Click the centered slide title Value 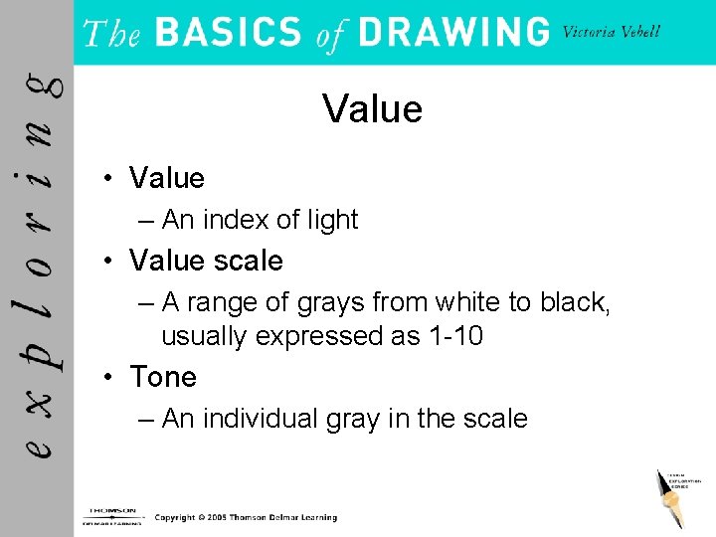(x=373, y=109)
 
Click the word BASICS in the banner (x=229, y=32)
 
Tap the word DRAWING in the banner (x=453, y=32)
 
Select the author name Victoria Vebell (x=612, y=32)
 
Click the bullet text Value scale (x=206, y=261)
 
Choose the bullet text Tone (x=163, y=377)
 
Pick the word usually (x=205, y=336)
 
